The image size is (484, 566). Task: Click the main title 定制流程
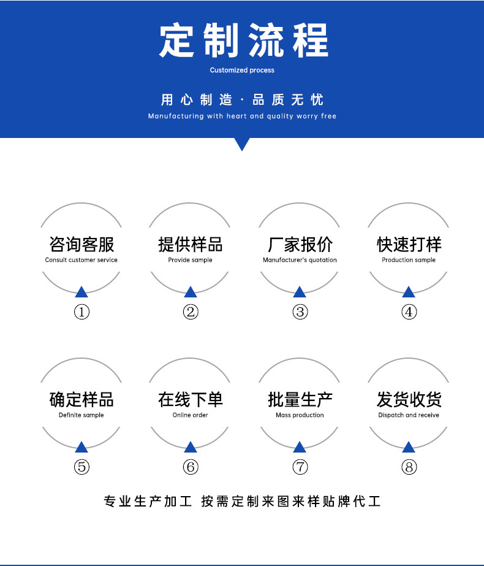[243, 40]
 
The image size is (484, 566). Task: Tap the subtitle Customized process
[242, 70]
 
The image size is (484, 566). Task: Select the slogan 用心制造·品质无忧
[242, 100]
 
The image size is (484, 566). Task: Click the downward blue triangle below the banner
[242, 144]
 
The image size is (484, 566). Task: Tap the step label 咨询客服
[81, 244]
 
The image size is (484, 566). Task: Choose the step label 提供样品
[191, 244]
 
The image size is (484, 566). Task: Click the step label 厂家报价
[300, 244]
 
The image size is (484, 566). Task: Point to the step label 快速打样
[409, 244]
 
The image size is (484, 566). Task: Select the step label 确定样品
[81, 399]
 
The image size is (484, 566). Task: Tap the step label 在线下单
[191, 399]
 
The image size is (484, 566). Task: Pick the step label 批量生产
[300, 399]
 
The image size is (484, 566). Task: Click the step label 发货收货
[409, 399]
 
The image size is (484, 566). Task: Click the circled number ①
[81, 312]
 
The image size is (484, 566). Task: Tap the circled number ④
[409, 312]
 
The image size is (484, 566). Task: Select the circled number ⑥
[191, 467]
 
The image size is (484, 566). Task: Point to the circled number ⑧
[409, 467]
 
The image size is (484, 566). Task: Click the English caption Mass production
[300, 415]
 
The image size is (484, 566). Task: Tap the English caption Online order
[191, 415]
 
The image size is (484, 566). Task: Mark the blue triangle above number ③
[300, 292]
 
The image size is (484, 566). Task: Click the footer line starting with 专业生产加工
[242, 502]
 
